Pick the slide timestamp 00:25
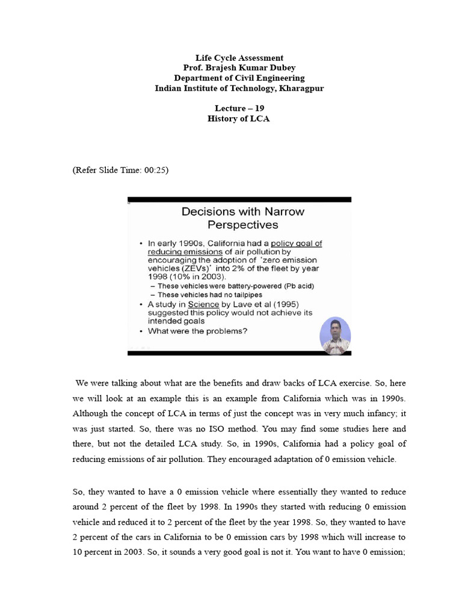point(153,170)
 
